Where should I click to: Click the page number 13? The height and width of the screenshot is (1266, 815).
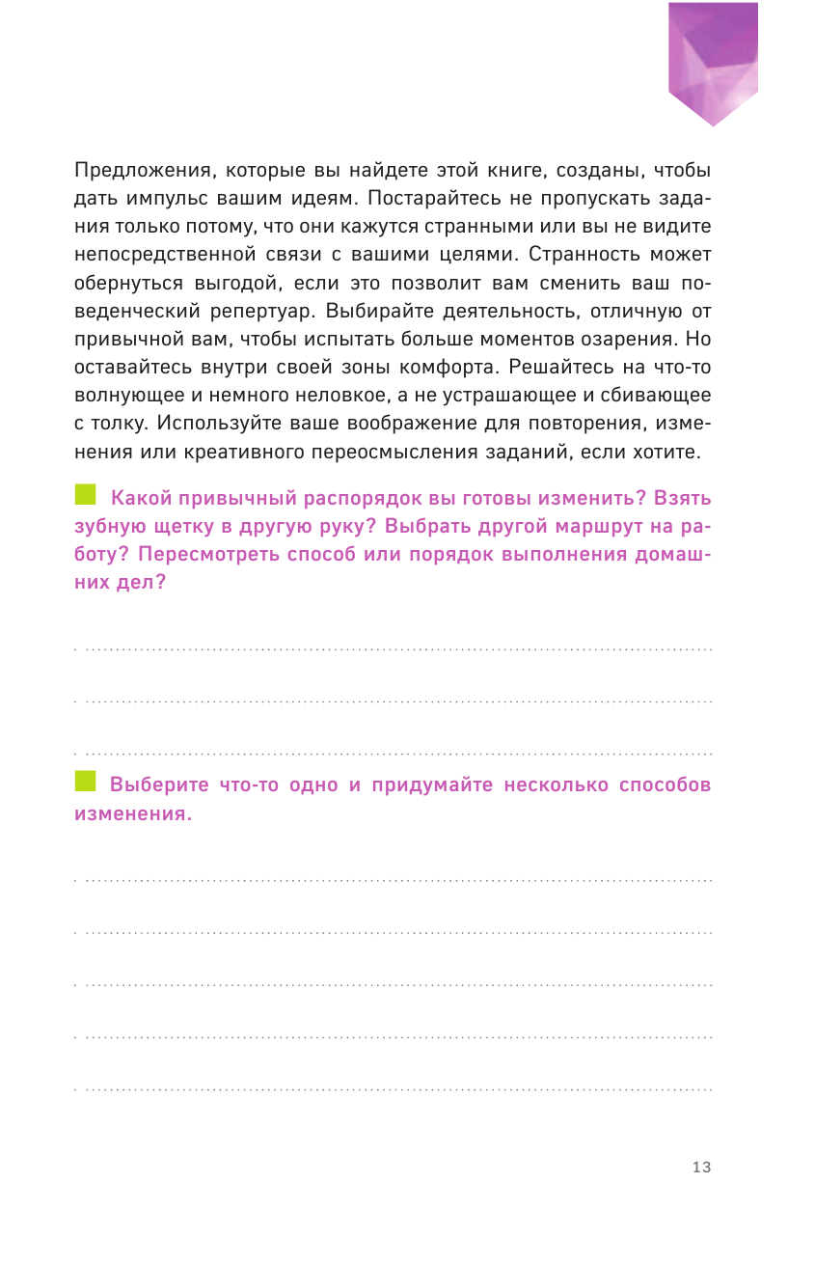point(701,1168)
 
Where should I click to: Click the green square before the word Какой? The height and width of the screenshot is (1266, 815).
point(86,496)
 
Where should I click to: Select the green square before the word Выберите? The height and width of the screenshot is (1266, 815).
point(86,782)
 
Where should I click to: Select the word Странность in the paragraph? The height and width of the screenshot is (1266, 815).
point(558,256)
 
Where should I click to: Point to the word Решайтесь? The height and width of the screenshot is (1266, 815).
point(557,368)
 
